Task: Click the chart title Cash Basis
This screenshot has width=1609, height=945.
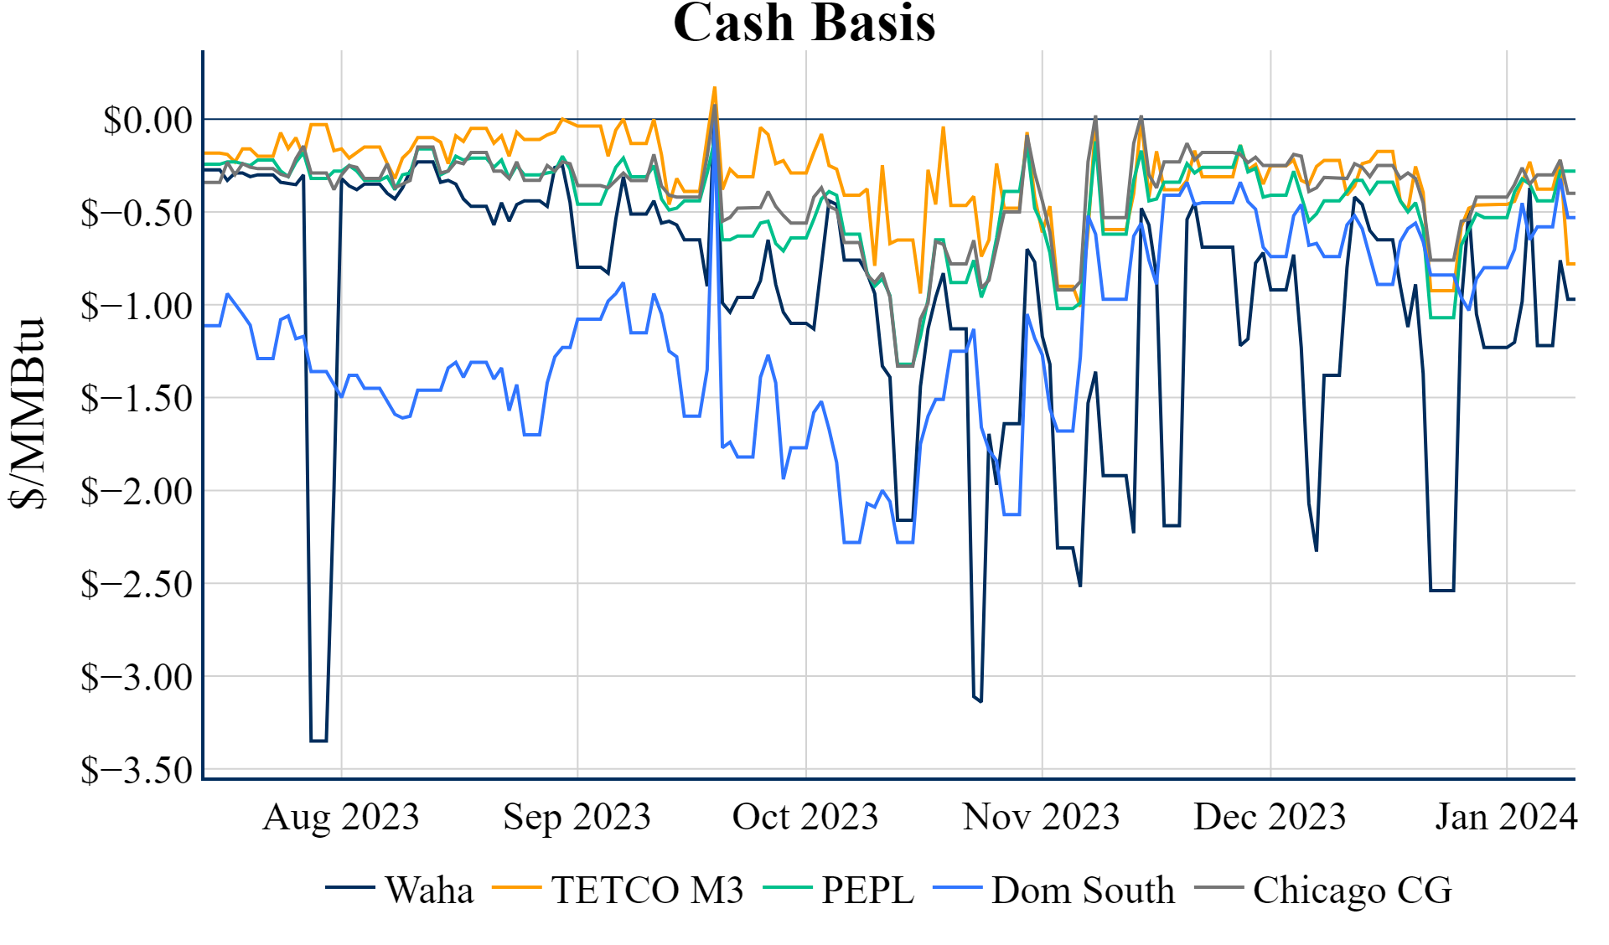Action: coord(804,23)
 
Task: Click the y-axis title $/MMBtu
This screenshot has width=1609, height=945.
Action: coord(28,412)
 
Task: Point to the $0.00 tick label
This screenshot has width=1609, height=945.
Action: coord(147,120)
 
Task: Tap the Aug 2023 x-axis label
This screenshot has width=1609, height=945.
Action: coord(341,817)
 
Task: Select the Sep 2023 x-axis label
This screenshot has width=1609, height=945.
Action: coord(577,817)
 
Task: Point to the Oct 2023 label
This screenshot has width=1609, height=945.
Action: coord(805,817)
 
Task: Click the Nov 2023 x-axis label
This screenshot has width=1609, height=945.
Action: coord(1041,817)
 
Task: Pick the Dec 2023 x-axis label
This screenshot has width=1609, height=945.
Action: coord(1270,817)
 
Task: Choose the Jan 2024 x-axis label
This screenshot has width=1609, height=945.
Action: coord(1506,817)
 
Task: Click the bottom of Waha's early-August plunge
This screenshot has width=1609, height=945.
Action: coord(318,741)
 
